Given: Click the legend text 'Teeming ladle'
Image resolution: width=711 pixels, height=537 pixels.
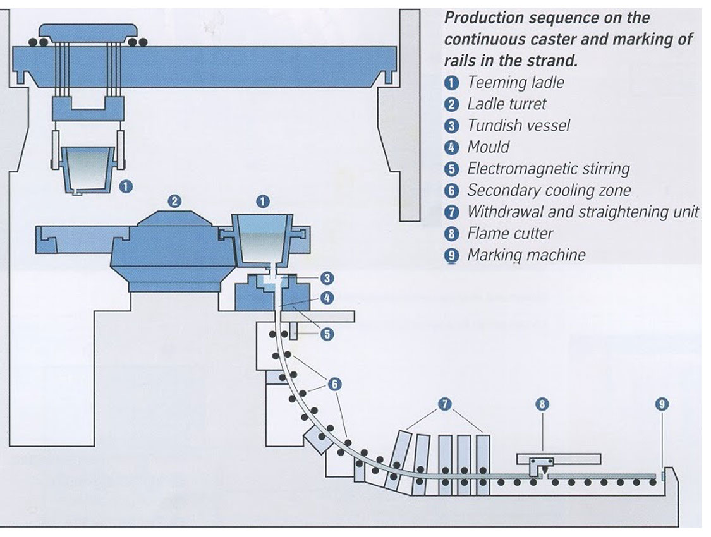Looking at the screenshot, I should tap(515, 83).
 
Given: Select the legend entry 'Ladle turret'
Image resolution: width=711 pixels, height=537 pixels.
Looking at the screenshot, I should tap(506, 104).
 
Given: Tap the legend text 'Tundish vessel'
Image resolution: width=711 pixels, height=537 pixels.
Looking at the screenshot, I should tap(518, 126).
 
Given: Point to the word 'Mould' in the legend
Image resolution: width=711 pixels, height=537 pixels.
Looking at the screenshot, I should tap(488, 147).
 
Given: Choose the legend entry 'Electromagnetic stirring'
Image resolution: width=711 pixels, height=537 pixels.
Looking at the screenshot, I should tap(548, 169).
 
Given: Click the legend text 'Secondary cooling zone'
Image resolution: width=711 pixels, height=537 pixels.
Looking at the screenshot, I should tap(549, 190).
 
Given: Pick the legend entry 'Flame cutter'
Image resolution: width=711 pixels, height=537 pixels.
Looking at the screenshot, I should tap(509, 234).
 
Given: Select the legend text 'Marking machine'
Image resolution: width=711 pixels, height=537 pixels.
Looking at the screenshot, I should tap(526, 255).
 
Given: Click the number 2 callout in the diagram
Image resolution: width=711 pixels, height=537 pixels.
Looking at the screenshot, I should tap(174, 202).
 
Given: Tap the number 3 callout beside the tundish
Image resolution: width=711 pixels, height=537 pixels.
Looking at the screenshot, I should tap(327, 278).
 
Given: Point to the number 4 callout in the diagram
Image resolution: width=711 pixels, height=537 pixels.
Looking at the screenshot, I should tap(327, 297).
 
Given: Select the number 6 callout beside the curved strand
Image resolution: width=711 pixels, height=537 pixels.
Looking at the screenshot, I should tap(335, 383).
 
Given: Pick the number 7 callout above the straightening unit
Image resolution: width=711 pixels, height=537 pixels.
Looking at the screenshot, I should tap(447, 404).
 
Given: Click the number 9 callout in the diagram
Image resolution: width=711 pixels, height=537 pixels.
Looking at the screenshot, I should tap(662, 404).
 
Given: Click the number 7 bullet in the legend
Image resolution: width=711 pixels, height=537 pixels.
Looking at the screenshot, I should tap(451, 212).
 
